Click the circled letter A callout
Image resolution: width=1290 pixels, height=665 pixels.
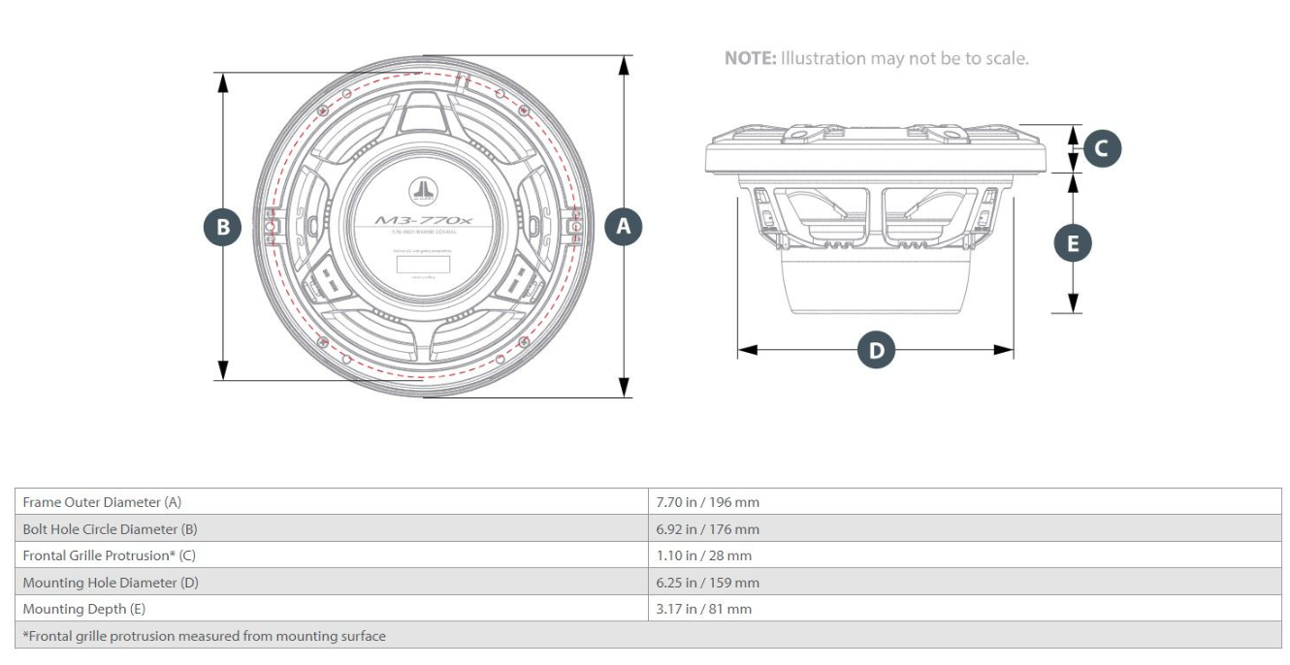(624, 227)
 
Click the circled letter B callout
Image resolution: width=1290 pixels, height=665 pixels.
(223, 228)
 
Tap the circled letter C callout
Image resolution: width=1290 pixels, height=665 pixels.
(1102, 148)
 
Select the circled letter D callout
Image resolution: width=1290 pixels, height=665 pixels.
(876, 350)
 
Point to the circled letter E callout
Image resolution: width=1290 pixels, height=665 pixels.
(1073, 243)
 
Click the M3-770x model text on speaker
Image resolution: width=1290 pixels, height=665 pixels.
(423, 221)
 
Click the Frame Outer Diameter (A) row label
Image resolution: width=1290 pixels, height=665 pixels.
(102, 502)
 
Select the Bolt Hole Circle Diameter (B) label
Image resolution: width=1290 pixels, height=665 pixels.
(114, 529)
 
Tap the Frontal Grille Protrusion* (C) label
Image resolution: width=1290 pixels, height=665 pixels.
(109, 555)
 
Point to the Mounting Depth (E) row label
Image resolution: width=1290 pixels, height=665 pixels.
(83, 609)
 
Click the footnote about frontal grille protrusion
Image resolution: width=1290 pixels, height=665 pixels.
(204, 636)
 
